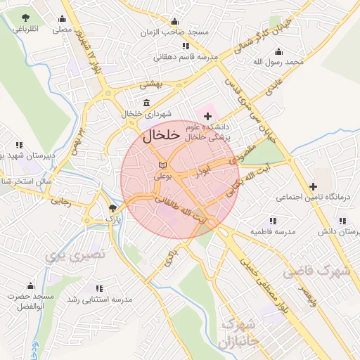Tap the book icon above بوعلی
[163, 165]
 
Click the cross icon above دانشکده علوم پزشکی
[207, 115]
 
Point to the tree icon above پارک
[112, 208]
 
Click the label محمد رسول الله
[279, 62]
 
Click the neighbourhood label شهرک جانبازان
[234, 335]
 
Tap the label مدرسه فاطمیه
[271, 231]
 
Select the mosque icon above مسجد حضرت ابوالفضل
[30, 286]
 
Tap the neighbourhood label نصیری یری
[75, 255]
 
